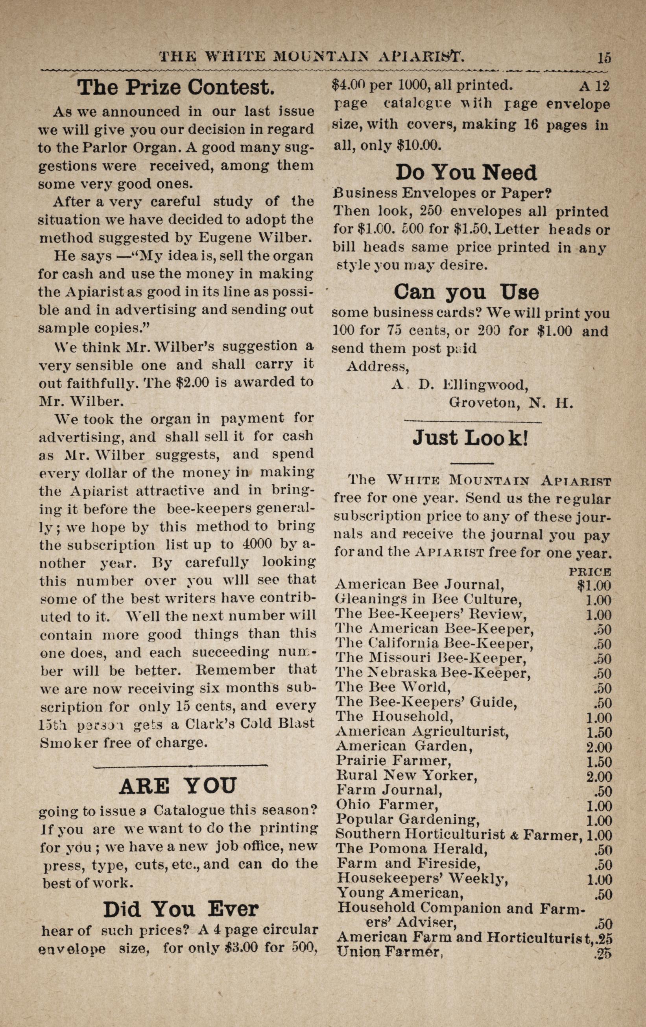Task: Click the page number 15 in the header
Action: (x=604, y=57)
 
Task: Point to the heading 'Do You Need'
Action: (x=466, y=173)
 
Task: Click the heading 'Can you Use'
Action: (x=466, y=292)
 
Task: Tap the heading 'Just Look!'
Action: (x=471, y=438)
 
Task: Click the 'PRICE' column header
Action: (x=590, y=572)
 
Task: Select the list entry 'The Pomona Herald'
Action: (x=411, y=849)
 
